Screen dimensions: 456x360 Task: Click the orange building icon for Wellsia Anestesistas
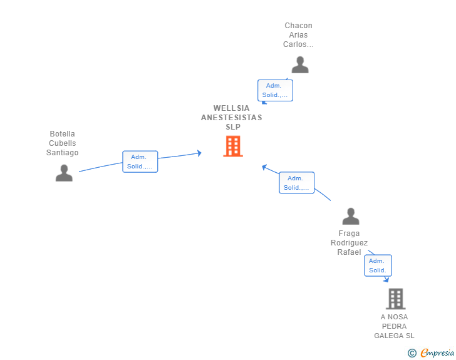233,147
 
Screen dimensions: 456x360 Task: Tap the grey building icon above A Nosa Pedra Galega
395,299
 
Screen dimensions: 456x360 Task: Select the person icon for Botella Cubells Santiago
64,173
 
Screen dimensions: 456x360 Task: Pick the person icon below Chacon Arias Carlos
300,64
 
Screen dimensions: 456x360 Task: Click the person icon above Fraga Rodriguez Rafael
351,216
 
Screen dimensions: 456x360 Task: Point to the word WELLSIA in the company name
232,108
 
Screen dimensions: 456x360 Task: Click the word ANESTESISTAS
232,118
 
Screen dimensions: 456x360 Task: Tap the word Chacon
298,26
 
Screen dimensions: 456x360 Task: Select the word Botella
62,134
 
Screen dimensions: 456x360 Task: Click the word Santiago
62,153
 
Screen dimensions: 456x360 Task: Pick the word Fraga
349,234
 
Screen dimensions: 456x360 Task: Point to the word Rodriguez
349,243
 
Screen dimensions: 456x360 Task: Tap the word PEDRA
394,326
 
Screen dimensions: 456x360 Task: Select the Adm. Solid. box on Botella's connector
140,162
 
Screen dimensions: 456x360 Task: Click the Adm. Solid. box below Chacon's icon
275,90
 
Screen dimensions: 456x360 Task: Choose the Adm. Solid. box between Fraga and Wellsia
297,183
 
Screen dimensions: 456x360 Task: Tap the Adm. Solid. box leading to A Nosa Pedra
378,265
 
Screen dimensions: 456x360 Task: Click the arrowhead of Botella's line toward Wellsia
199,153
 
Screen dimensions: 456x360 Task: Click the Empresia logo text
437,352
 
